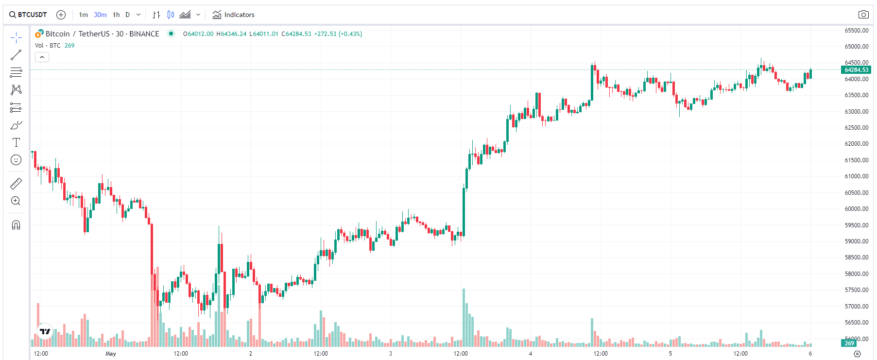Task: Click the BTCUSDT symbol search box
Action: tap(28, 15)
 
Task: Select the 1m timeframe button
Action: tap(84, 15)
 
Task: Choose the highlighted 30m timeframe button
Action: tap(100, 15)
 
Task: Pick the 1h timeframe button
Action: tap(116, 15)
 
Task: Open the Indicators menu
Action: tap(234, 15)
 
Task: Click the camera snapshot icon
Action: tap(863, 15)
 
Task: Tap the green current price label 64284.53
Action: tap(856, 70)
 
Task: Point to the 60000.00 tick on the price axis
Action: tap(856, 209)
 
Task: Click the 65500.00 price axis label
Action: tap(856, 31)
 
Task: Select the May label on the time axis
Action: tap(111, 354)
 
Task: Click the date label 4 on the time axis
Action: tap(531, 354)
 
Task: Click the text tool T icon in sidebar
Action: tap(16, 142)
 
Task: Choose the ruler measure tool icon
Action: tap(16, 184)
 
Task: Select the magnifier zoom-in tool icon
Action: tap(16, 201)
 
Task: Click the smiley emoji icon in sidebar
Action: tap(16, 160)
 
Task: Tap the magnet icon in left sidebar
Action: tap(16, 225)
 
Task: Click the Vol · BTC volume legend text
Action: tap(48, 46)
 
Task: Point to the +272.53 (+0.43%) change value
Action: tap(338, 34)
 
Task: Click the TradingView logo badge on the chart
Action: tap(45, 331)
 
